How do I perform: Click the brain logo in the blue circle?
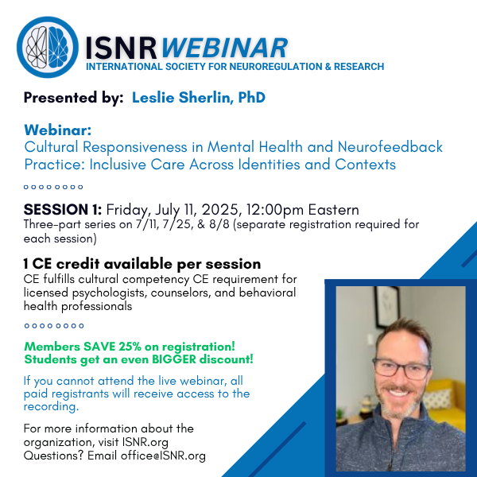(x=48, y=47)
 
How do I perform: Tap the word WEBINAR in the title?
(x=224, y=48)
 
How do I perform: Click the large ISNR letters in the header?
(x=121, y=48)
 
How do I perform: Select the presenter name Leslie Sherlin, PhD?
(x=199, y=98)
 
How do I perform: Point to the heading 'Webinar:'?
(x=58, y=130)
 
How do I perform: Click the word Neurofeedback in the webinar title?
(x=390, y=147)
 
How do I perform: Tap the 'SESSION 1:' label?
(x=63, y=210)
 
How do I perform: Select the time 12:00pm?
(x=275, y=210)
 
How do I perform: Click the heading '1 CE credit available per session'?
(x=142, y=264)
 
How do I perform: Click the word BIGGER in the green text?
(x=174, y=359)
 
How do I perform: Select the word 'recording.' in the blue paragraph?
(x=52, y=407)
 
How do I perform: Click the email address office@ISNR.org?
(x=163, y=456)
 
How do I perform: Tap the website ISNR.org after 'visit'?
(x=145, y=442)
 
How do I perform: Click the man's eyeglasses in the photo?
(x=401, y=368)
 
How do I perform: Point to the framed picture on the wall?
(x=387, y=306)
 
